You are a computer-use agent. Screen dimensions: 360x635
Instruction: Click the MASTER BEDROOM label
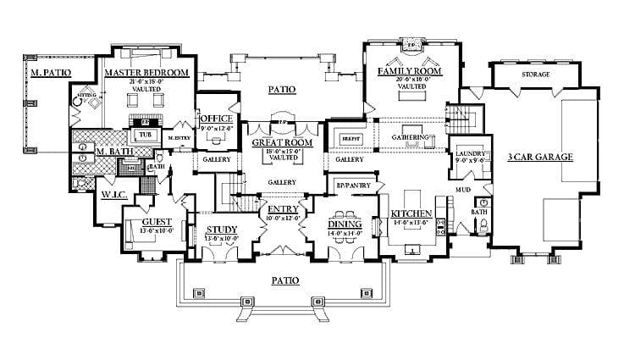146,73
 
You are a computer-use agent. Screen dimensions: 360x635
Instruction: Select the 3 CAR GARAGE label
540,157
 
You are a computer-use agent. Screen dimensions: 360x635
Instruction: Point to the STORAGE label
535,75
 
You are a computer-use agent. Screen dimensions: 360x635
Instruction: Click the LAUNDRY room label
470,152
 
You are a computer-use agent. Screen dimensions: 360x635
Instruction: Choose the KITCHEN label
412,213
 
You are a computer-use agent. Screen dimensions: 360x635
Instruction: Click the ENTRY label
282,209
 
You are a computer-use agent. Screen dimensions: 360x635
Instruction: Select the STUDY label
222,230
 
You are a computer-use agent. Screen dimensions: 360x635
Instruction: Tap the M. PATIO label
49,73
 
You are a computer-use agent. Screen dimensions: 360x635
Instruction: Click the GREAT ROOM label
282,143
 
